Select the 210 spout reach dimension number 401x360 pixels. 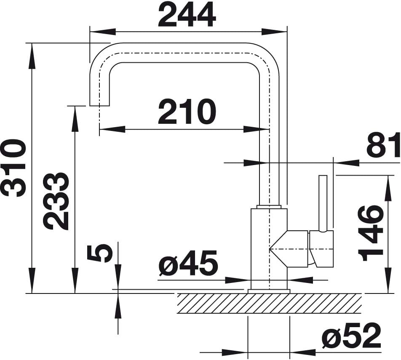[x=187, y=112]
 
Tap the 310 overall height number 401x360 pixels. [x=14, y=168]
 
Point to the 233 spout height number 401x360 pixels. [x=56, y=201]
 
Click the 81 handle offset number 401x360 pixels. [x=383, y=145]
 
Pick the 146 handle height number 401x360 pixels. [x=370, y=233]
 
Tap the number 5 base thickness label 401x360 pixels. [x=100, y=253]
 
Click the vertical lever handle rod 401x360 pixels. [x=323, y=203]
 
